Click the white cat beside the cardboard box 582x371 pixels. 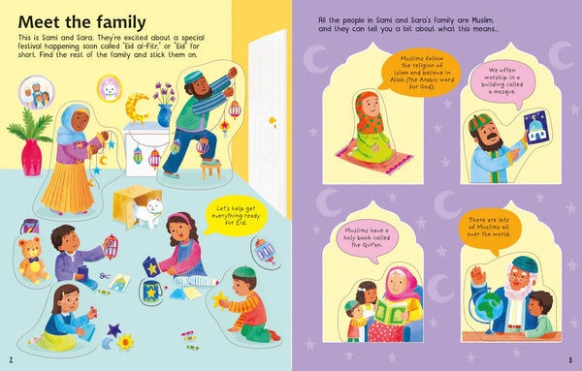148,211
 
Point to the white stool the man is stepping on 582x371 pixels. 209,167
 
